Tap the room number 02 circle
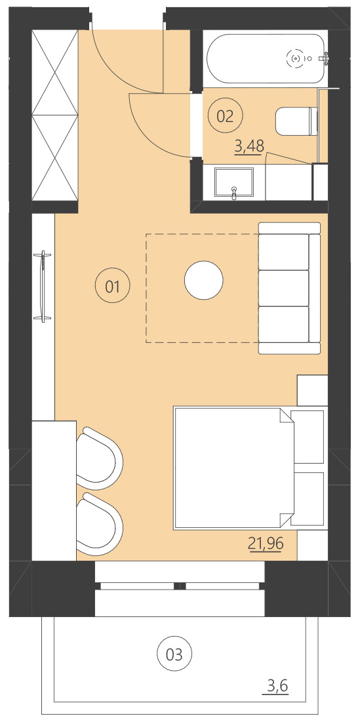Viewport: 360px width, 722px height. (x=225, y=116)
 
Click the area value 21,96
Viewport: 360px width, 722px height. (x=265, y=543)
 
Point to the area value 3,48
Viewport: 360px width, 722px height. (x=249, y=146)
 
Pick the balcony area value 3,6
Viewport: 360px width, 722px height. (x=276, y=687)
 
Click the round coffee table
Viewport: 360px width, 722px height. (x=203, y=281)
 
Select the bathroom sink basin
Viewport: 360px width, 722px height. (x=234, y=183)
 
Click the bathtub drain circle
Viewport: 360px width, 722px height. (x=296, y=59)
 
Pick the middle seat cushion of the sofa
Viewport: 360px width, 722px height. (x=284, y=288)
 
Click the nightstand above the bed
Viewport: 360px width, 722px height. (x=312, y=390)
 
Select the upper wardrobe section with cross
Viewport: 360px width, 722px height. (x=55, y=71)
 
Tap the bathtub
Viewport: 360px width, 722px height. (x=266, y=58)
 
